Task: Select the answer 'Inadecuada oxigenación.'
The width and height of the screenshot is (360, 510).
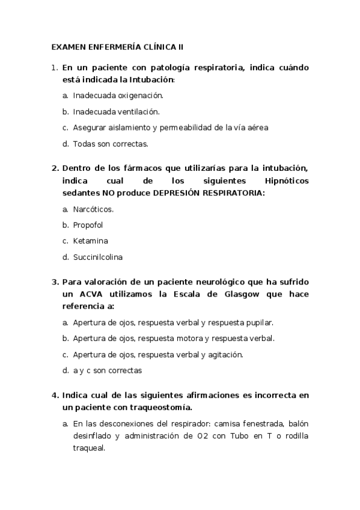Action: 118,95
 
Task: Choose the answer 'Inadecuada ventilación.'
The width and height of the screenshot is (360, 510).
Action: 116,111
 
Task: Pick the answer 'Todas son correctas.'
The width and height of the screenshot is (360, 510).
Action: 110,144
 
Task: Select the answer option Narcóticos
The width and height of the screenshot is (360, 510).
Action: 93,209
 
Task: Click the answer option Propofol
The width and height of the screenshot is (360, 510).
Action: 88,225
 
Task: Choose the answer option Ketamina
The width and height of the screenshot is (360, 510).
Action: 90,241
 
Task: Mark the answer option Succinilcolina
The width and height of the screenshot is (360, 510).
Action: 97,257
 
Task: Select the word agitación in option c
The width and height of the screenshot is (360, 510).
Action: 224,355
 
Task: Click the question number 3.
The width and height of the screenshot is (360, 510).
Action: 54,281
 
